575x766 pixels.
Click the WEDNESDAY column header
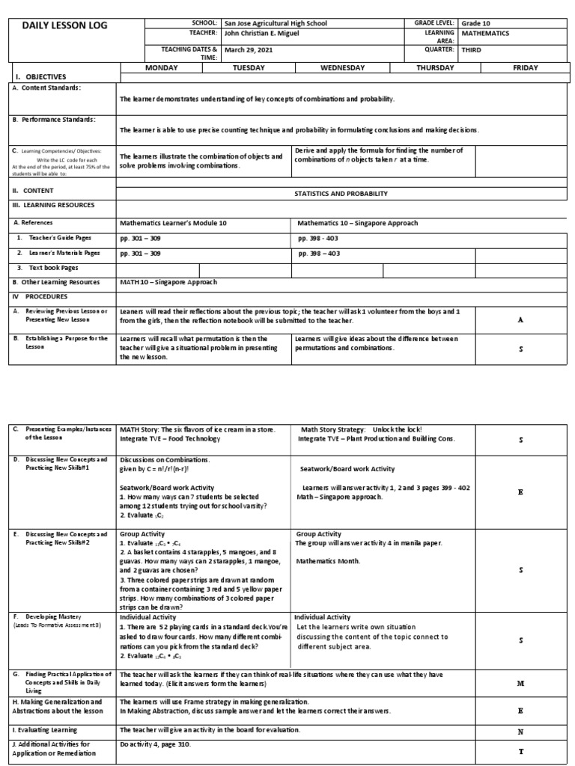tap(342, 68)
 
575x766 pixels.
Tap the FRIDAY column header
tap(525, 68)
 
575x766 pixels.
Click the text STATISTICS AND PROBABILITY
tap(341, 193)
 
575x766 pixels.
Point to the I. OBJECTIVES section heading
tap(41, 77)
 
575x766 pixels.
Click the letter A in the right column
tap(520, 319)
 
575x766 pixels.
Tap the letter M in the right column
tap(520, 684)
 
